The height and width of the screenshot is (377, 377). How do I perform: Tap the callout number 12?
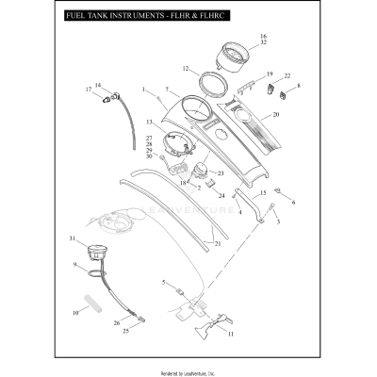186,68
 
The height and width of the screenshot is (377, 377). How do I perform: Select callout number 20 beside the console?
276,115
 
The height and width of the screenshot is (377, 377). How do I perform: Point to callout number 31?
72,238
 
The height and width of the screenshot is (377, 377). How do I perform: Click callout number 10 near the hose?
74,311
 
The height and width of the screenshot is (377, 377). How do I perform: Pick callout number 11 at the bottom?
230,334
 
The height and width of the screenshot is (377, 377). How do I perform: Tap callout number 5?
163,282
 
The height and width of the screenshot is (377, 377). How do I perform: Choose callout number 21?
218,243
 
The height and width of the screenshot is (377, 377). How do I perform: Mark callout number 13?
150,123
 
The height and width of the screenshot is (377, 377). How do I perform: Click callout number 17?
90,90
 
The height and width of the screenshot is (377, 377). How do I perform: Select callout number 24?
221,196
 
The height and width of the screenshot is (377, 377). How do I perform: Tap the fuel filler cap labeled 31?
96,254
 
